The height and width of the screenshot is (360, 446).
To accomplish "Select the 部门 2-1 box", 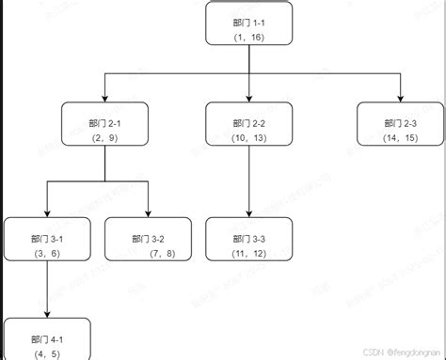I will (x=104, y=129).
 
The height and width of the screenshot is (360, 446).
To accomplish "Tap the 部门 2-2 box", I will (x=248, y=129).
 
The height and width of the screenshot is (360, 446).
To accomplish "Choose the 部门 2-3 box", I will (x=400, y=129).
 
